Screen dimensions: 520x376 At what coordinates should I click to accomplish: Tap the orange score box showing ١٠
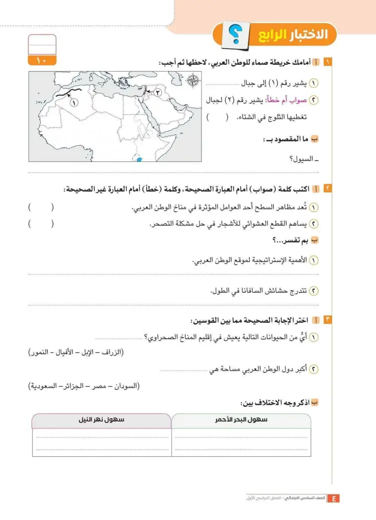[42, 61]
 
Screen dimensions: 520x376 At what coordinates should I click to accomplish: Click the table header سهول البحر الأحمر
[241, 420]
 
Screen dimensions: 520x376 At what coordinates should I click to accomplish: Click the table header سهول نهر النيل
[101, 420]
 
